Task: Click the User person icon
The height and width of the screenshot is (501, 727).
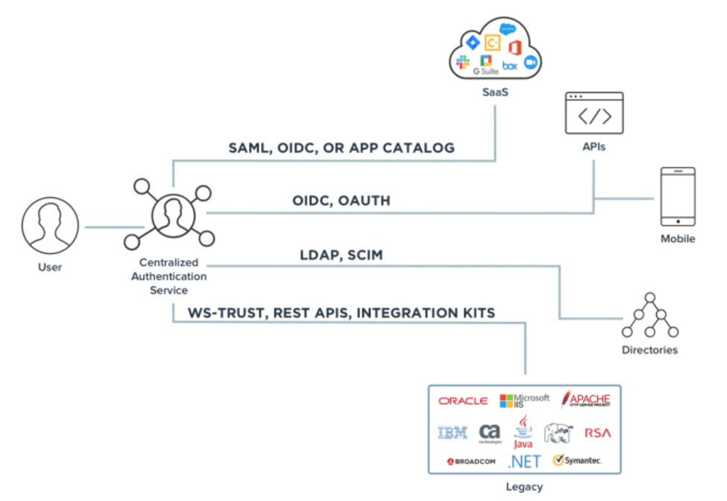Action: [x=50, y=225]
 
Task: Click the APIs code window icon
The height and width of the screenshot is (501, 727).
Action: [x=594, y=113]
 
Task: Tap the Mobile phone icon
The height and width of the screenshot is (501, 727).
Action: [x=677, y=197]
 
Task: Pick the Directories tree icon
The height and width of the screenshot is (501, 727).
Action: [x=649, y=316]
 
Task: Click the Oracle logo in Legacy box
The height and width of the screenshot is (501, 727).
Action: [x=463, y=401]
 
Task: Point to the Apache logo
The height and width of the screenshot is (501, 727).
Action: [x=586, y=399]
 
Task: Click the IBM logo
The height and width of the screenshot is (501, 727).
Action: [x=453, y=432]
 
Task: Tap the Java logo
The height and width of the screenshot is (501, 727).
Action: [x=523, y=432]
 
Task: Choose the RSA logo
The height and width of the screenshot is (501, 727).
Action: [x=597, y=432]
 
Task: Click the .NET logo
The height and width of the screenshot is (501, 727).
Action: [x=523, y=461]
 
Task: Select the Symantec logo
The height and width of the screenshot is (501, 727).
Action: [x=577, y=461]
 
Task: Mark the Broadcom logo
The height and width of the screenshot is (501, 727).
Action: [x=472, y=461]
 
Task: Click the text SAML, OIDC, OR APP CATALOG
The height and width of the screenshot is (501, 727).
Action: [x=342, y=148]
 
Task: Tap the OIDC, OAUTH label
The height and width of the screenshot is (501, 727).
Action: [x=342, y=201]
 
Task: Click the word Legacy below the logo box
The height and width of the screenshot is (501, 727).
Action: [x=523, y=488]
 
